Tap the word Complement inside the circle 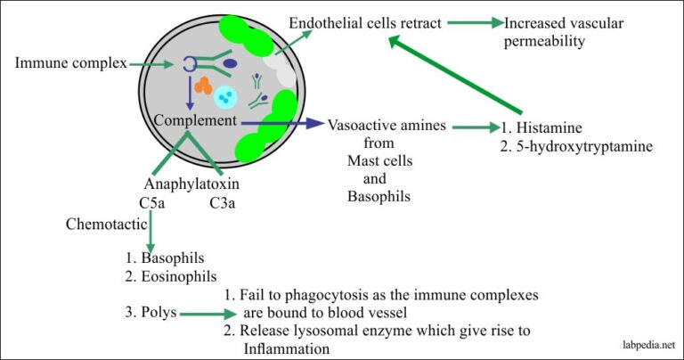coord(195,119)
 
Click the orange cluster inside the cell coord(202,86)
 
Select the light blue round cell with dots coord(228,96)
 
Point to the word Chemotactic coord(101,224)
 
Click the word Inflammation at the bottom coord(287,348)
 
